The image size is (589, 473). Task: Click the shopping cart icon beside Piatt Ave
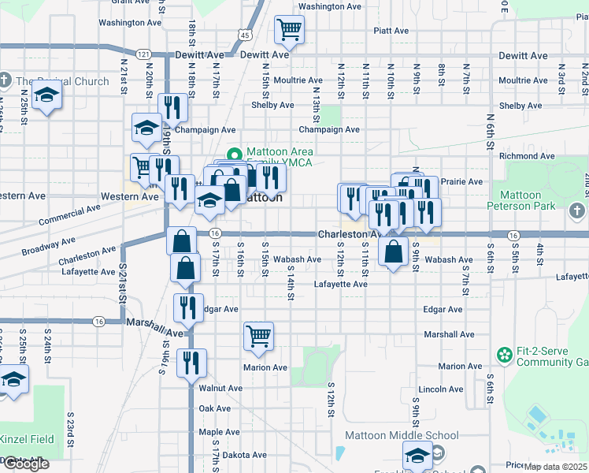[289, 30]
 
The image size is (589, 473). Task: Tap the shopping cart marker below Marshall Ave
[258, 337]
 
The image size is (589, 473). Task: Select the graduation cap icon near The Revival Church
[47, 95]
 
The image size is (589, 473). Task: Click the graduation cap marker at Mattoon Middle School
[417, 456]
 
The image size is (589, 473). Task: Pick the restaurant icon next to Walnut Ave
[191, 363]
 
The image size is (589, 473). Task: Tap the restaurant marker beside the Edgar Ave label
[188, 308]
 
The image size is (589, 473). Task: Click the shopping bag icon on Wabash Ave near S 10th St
[393, 252]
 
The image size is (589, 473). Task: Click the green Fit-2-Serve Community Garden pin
[504, 356]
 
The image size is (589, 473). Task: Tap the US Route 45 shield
[245, 35]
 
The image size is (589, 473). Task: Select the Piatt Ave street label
[392, 31]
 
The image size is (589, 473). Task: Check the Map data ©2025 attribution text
[555, 467]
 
